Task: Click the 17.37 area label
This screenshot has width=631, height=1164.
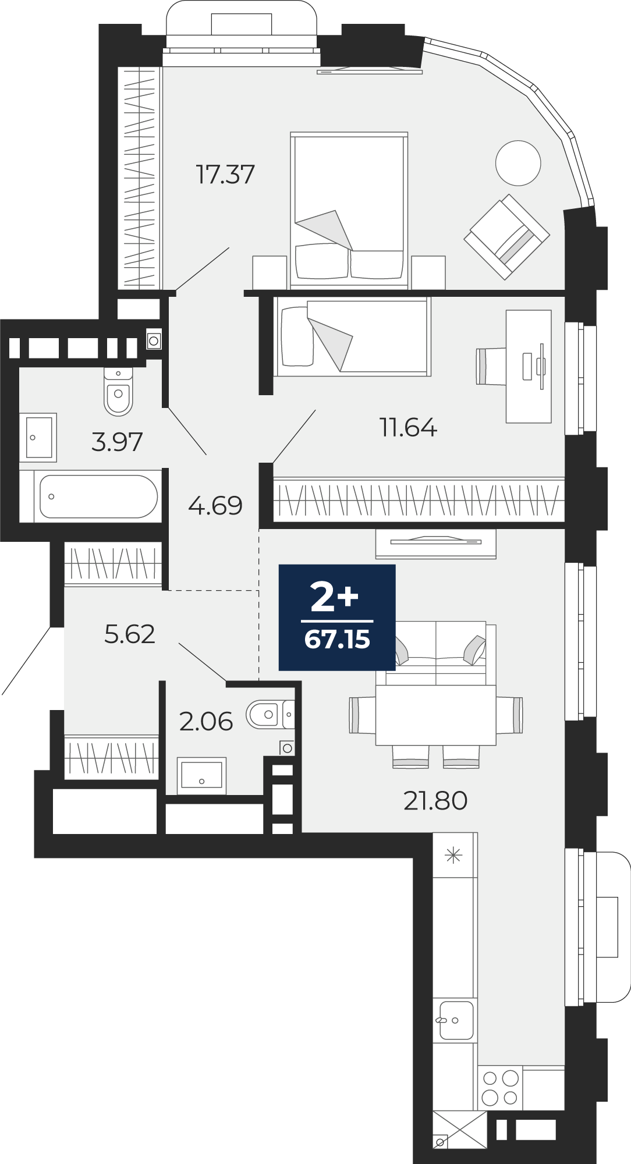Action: (225, 174)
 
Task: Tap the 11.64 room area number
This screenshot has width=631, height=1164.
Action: (408, 427)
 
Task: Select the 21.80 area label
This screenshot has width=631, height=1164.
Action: (435, 800)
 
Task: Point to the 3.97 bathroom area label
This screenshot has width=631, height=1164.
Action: (117, 442)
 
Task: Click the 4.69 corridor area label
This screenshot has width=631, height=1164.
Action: (215, 505)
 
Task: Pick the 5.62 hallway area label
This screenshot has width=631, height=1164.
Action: (130, 634)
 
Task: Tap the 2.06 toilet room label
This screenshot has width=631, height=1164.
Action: (206, 722)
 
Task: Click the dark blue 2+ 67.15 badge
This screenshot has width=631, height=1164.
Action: (337, 618)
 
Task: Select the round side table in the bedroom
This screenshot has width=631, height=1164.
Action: (518, 163)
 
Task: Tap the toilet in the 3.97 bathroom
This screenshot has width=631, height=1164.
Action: (119, 392)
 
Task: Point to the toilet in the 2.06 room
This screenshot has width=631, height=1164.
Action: (270, 714)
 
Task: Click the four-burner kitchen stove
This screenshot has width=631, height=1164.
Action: (500, 1088)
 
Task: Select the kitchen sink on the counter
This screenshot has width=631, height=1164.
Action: (456, 1020)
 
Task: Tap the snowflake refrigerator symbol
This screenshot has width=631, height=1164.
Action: (453, 855)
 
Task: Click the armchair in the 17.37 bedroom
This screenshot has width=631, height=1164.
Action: (506, 236)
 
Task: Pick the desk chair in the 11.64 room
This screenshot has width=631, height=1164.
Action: (491, 366)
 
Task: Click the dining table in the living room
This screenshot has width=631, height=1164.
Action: (435, 715)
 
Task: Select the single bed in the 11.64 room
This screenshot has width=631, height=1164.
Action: (353, 336)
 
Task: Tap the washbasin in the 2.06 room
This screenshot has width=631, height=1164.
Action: (201, 775)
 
